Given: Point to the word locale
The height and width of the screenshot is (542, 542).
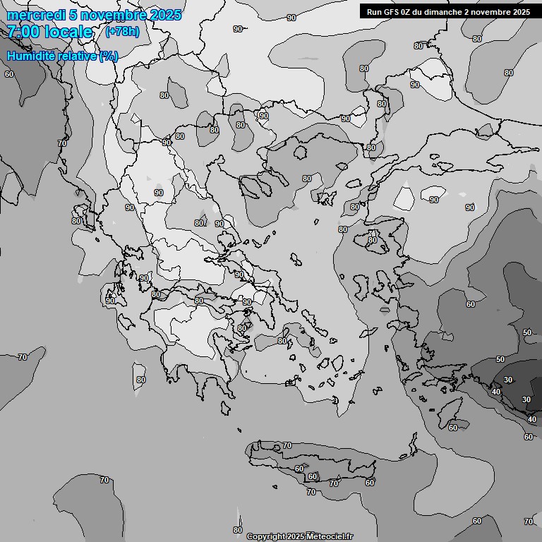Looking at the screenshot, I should (x=68, y=32).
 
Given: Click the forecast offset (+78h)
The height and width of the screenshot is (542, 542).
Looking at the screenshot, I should (x=122, y=32).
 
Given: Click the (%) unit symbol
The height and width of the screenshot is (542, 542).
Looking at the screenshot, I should (x=109, y=56).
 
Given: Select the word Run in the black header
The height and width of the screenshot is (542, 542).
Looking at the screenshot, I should (x=374, y=12).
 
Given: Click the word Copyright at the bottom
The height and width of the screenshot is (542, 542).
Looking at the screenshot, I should (x=265, y=537).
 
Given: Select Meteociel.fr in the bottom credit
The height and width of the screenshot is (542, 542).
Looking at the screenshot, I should (x=330, y=537).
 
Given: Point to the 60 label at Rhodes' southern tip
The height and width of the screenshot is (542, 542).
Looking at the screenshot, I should (x=453, y=428).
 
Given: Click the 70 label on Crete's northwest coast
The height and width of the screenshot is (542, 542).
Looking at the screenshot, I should (x=287, y=446).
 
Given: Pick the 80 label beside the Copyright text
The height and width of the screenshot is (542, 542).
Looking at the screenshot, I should (x=237, y=530).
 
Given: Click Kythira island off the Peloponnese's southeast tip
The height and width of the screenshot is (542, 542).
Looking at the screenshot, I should (x=225, y=408).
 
